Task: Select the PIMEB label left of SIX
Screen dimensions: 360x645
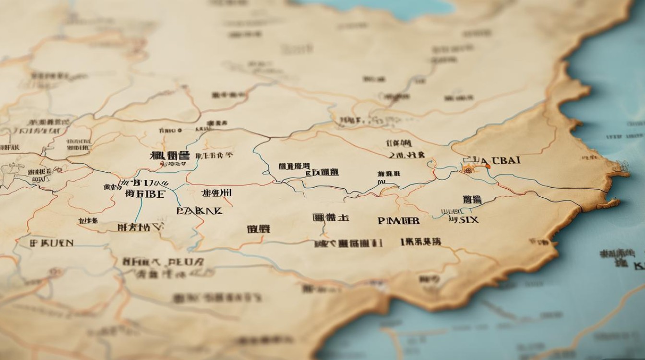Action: click(398, 220)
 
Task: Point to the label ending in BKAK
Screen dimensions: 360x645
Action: click(199, 210)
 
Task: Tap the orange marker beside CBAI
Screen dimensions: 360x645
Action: click(488, 166)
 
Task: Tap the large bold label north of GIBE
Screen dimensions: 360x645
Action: click(170, 156)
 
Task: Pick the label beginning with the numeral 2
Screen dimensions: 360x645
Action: click(406, 155)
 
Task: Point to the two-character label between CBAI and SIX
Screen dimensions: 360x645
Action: click(472, 200)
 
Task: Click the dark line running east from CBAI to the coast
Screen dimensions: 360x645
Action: click(552, 185)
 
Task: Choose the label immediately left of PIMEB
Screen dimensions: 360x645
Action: click(331, 218)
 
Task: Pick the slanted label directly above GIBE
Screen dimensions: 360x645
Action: click(144, 183)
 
